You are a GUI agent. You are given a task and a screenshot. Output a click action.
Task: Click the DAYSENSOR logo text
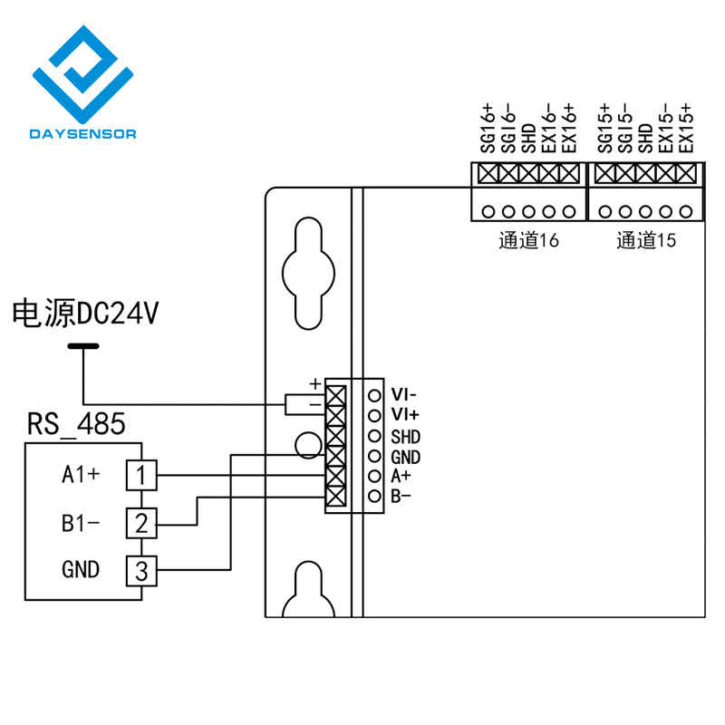coord(82,134)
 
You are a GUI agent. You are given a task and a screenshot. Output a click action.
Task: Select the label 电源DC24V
coord(85,313)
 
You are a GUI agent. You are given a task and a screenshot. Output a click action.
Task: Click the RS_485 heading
coord(76,423)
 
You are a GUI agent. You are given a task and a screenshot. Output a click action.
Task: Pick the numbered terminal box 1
coord(141,475)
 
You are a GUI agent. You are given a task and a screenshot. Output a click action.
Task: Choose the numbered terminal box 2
coord(141,523)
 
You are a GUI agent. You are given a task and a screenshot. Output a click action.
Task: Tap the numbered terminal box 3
coord(141,571)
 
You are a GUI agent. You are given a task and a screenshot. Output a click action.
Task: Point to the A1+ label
coord(81,474)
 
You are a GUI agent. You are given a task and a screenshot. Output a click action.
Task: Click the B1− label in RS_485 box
coord(81,524)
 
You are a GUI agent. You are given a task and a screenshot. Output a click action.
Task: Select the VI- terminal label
coord(403,395)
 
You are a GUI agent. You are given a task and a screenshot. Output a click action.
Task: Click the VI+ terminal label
coord(405,415)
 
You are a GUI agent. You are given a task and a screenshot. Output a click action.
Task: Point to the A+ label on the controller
coord(401,476)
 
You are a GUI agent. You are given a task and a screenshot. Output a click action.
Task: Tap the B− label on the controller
coord(401,496)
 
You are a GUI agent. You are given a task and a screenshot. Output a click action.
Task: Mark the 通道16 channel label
coord(529,240)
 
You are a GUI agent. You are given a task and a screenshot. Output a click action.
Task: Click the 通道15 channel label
coord(646,240)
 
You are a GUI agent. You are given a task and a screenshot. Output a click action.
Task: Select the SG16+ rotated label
coord(488,128)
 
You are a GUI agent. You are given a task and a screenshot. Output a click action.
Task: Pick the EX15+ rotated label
coord(686,128)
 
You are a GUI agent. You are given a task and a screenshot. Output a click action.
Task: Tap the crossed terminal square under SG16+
coord(488,174)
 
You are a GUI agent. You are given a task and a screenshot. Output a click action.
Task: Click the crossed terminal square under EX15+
coord(686,174)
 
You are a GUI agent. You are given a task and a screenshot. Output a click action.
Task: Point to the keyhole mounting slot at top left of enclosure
coord(308,273)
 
